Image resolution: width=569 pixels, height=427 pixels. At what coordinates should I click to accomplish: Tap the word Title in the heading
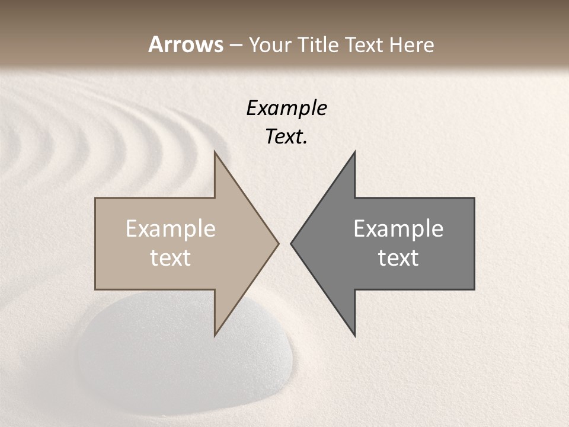(x=319, y=45)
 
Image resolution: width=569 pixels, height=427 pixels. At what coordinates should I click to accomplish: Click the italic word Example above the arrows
(x=286, y=108)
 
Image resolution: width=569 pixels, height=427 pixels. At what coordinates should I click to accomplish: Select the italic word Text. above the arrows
(x=286, y=137)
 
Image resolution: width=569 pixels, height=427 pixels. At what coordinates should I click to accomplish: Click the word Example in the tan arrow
(x=171, y=229)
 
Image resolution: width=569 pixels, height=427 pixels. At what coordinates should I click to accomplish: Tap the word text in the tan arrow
(x=171, y=258)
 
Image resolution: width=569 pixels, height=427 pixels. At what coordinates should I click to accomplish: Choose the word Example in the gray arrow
(x=398, y=229)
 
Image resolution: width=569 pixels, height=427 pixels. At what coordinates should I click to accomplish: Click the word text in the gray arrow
(x=398, y=258)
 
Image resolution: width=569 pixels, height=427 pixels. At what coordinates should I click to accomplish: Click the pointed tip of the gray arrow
(x=292, y=243)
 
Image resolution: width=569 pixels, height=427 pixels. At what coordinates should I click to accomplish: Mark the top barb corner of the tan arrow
(x=215, y=153)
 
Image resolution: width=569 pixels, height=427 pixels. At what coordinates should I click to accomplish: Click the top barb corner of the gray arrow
(x=354, y=153)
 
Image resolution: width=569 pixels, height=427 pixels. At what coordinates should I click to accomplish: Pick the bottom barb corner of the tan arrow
(x=215, y=334)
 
